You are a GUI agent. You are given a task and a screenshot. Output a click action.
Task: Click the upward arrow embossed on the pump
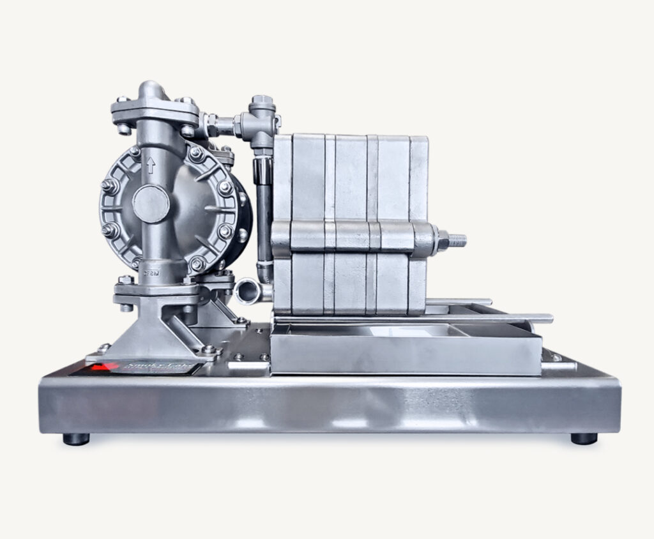151,165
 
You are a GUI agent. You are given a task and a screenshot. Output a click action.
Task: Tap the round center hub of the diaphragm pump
151,204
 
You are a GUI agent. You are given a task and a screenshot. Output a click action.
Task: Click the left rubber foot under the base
76,439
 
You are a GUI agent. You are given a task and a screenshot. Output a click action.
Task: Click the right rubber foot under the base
583,438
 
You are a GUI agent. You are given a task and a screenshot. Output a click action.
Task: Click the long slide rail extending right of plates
511,318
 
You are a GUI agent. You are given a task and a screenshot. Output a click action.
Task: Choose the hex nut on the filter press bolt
441,241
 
